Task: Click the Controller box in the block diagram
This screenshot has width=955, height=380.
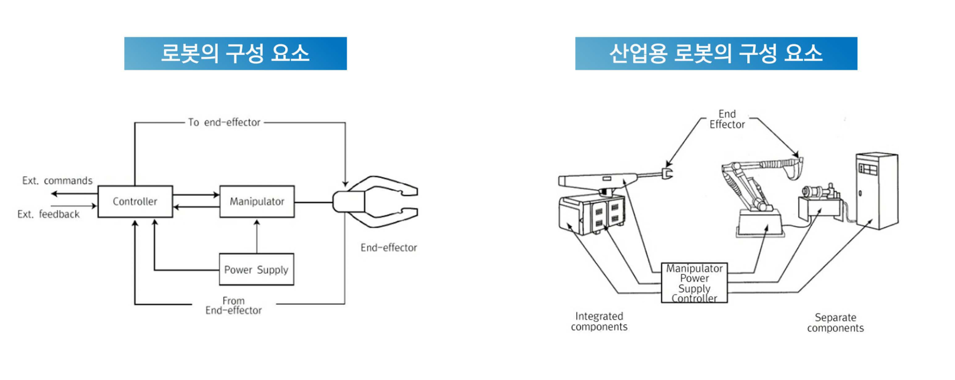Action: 135,202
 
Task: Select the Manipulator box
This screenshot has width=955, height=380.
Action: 257,202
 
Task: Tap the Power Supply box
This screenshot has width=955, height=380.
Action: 256,269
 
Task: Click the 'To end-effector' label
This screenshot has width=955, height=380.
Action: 224,122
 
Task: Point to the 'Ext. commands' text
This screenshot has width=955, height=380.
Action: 57,181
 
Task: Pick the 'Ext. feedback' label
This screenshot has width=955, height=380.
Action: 49,214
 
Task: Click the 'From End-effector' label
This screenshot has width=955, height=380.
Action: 234,306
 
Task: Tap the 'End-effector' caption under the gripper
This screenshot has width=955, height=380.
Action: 389,248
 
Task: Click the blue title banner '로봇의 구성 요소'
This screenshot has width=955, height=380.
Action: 235,54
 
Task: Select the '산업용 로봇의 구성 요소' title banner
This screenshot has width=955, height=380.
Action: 716,54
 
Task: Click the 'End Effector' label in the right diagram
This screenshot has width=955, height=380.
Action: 727,119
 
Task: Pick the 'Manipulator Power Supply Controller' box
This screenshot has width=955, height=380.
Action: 694,283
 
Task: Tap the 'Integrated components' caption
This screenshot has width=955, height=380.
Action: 599,321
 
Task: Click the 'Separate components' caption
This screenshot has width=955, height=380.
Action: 835,323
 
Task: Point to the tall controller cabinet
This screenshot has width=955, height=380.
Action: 877,190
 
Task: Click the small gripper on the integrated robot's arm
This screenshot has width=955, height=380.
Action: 667,173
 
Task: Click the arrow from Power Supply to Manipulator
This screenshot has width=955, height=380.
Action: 257,236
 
